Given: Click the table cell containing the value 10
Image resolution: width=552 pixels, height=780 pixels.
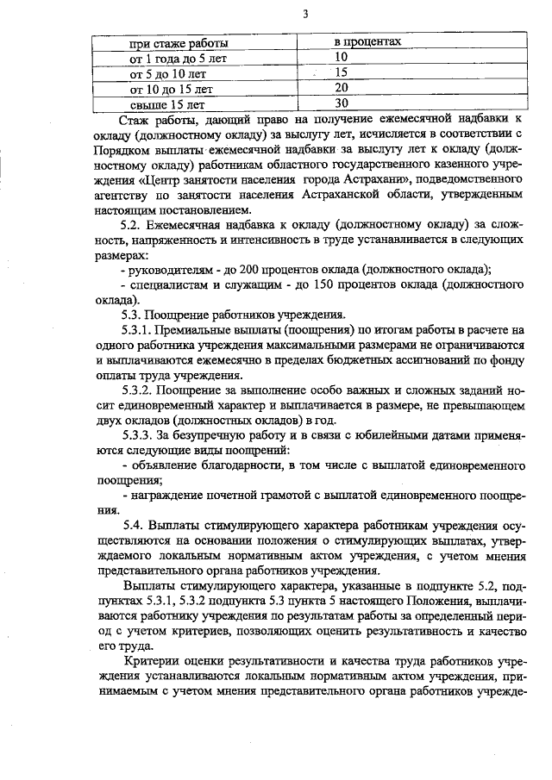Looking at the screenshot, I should pyautogui.click(x=341, y=57).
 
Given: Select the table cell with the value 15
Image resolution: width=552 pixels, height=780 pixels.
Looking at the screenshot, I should pyautogui.click(x=341, y=72).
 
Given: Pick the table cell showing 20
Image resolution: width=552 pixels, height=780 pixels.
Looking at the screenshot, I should pyautogui.click(x=341, y=88).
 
